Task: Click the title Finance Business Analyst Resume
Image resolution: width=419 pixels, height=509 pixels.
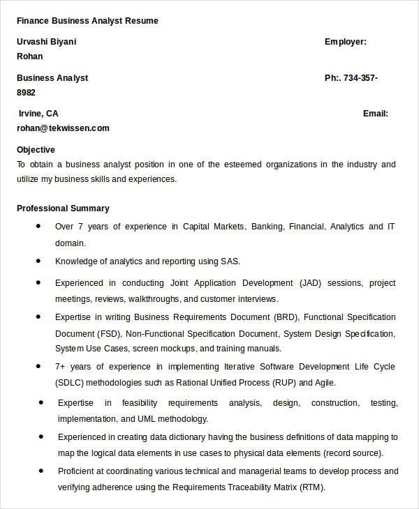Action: click(87, 21)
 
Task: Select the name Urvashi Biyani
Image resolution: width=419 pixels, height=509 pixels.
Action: click(47, 42)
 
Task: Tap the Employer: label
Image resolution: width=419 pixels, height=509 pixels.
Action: click(345, 42)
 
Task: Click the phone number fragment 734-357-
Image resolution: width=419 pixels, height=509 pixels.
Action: click(361, 78)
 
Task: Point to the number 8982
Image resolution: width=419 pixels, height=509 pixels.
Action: click(27, 92)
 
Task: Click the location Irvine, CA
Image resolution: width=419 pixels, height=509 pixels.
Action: click(38, 114)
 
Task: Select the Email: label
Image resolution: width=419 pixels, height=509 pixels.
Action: click(375, 114)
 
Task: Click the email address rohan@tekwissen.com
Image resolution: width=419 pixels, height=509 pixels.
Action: click(63, 128)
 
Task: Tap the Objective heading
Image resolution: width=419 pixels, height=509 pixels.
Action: click(36, 150)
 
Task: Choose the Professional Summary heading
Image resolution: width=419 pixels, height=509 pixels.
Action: click(63, 208)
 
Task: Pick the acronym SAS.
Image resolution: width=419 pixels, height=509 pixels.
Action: click(230, 262)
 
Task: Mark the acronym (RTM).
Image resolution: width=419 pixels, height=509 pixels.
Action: click(312, 487)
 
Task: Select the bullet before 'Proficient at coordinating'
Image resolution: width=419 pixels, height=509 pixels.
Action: click(41, 470)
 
